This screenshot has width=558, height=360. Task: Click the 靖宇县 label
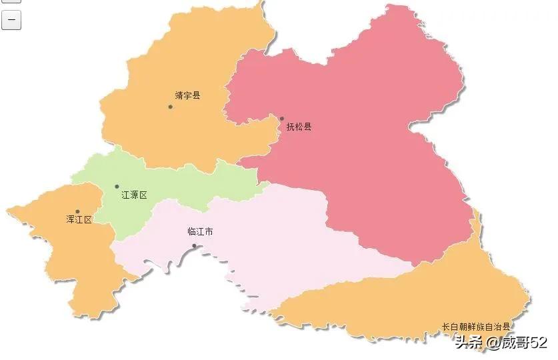[x=187, y=95]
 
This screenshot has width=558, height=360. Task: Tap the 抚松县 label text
[x=299, y=127]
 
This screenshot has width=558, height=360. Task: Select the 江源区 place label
[x=134, y=195]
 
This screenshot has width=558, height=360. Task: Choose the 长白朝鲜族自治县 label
[x=475, y=327]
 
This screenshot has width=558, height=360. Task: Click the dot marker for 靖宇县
[x=170, y=107]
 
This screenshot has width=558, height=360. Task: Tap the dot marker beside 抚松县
[x=281, y=119]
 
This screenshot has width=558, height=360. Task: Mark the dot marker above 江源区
[x=117, y=187]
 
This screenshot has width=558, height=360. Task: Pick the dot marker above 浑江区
[x=77, y=211]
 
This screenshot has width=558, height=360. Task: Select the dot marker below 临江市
[x=194, y=246]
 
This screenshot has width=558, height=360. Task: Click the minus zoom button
[x=11, y=21]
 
